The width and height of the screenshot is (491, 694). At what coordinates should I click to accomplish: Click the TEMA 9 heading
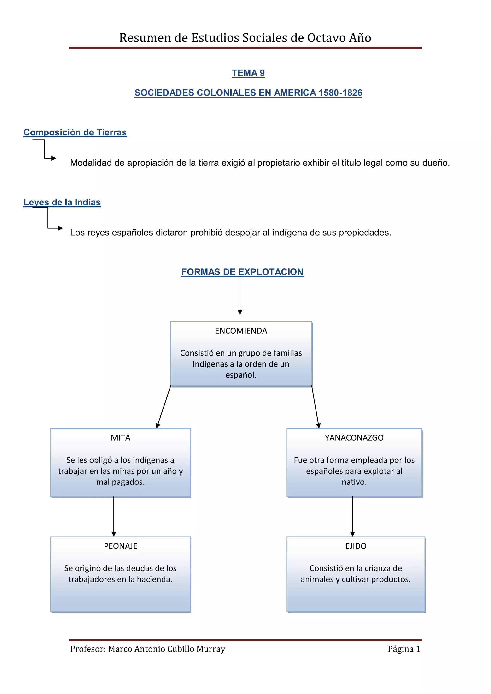coord(248,73)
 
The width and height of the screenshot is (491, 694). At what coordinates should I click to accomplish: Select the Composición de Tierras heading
coord(75,133)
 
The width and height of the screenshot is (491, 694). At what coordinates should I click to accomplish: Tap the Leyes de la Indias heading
coord(62,203)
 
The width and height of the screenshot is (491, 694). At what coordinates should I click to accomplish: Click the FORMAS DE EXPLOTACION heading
coord(242,272)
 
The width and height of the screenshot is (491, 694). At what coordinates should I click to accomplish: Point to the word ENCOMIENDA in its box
coord(241,331)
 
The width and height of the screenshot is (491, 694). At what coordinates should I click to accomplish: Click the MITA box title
coord(120,438)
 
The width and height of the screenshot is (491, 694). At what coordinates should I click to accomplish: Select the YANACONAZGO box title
coord(354,438)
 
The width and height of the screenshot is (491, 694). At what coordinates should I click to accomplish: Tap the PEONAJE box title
coord(120,546)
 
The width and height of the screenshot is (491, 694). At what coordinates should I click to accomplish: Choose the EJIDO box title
coord(356,546)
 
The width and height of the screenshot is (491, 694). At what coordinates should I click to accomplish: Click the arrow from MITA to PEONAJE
coord(114,516)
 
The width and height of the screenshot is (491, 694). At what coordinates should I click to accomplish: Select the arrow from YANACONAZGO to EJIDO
coord(352,516)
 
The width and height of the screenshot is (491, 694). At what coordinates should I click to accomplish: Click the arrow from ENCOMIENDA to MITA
coord(164,407)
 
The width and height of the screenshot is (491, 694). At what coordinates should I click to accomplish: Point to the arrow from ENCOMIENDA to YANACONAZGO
coord(315,407)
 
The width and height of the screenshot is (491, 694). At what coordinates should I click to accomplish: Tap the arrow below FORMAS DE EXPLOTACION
coord(240,296)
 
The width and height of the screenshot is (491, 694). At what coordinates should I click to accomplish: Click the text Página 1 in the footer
coord(404,649)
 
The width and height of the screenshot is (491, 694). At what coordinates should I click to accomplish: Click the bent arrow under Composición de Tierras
coord(44,149)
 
